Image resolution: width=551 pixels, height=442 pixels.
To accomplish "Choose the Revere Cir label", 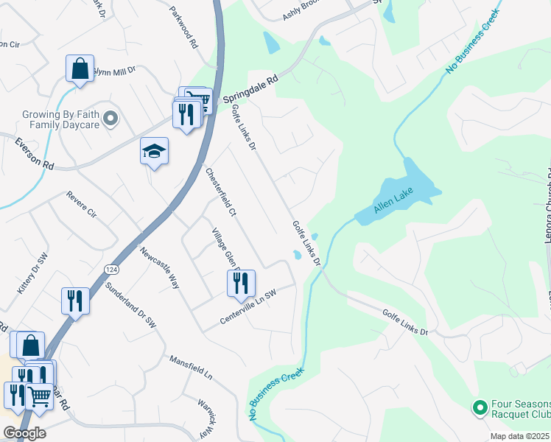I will tap(81, 204).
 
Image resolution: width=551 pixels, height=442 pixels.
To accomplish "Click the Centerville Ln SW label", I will tap(248, 308).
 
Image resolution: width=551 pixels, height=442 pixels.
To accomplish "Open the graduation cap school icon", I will tap(155, 151).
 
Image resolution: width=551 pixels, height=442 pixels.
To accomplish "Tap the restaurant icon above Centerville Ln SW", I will tap(241, 283).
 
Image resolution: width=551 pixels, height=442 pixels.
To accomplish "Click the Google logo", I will tap(24, 433).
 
